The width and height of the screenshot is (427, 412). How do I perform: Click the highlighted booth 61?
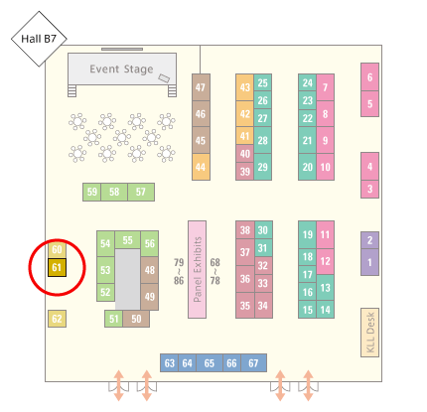coord(57,267)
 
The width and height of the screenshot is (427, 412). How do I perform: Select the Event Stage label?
coord(121,69)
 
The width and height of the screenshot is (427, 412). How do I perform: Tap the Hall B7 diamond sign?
coord(39,39)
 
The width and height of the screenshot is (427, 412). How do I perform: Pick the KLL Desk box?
coord(369,333)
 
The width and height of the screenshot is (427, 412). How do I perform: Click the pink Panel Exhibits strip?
coord(198,270)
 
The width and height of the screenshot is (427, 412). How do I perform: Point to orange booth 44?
coord(201,167)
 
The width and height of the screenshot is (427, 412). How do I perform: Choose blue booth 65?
coord(210,363)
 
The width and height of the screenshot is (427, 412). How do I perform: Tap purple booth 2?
coord(369,240)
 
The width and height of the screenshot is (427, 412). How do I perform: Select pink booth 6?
coord(369,77)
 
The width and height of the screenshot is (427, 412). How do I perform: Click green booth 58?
coord(114,192)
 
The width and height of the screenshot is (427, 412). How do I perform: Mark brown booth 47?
coord(201,87)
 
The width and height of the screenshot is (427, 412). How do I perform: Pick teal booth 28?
coord(263,140)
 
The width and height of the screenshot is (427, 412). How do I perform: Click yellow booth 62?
coord(57,319)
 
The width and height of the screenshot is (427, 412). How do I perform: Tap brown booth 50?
coord(136,319)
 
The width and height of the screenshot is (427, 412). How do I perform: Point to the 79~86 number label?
coord(179,272)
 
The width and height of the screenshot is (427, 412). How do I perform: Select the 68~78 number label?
coord(215,272)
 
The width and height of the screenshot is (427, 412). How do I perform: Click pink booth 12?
coord(325,261)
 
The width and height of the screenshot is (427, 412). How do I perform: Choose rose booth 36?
coord(245,279)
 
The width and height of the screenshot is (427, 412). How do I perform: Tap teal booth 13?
coord(325,288)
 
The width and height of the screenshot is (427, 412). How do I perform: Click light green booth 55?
coord(127,240)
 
